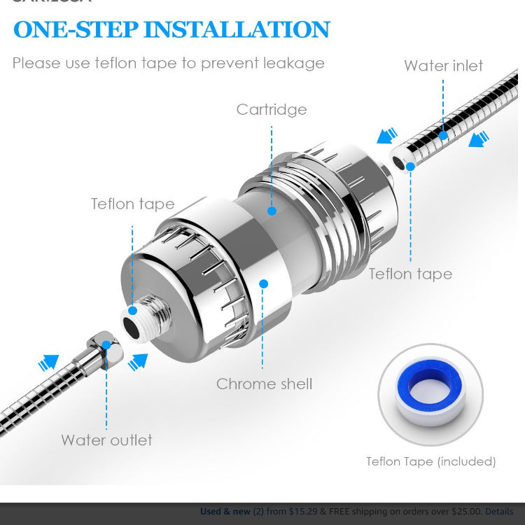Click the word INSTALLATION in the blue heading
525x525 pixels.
click(237, 29)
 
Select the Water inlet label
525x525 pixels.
click(443, 66)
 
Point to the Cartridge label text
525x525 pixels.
click(272, 109)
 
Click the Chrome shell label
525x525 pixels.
click(264, 384)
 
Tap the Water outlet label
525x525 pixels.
click(106, 440)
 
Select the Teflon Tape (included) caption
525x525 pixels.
click(430, 461)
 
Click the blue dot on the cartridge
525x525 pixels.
click(272, 209)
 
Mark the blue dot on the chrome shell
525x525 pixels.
click(264, 283)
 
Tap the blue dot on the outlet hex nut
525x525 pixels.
click(106, 344)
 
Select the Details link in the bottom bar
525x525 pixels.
click(499, 512)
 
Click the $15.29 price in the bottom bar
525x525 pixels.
click(303, 512)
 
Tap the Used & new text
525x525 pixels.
click(225, 512)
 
